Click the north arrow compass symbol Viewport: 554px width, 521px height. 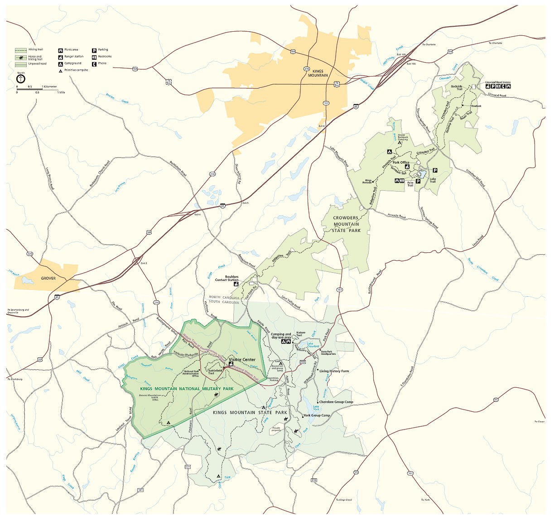click(21, 79)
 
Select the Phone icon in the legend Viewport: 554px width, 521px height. click(94, 63)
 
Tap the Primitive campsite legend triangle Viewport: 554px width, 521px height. click(60, 70)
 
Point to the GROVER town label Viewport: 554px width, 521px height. click(48, 278)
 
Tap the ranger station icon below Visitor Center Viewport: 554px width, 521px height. click(231, 364)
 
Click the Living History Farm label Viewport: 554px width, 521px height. click(334, 371)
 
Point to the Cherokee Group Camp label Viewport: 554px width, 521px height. click(336, 402)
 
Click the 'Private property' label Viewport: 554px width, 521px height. click(276, 429)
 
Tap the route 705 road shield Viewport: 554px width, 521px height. click(303, 362)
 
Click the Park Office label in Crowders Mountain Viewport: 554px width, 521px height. click(400, 163)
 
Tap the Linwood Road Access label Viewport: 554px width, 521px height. click(497, 82)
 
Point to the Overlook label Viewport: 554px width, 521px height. click(476, 106)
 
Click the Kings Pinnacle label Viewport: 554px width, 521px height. click(367, 181)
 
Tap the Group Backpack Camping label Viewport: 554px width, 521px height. click(401, 137)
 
